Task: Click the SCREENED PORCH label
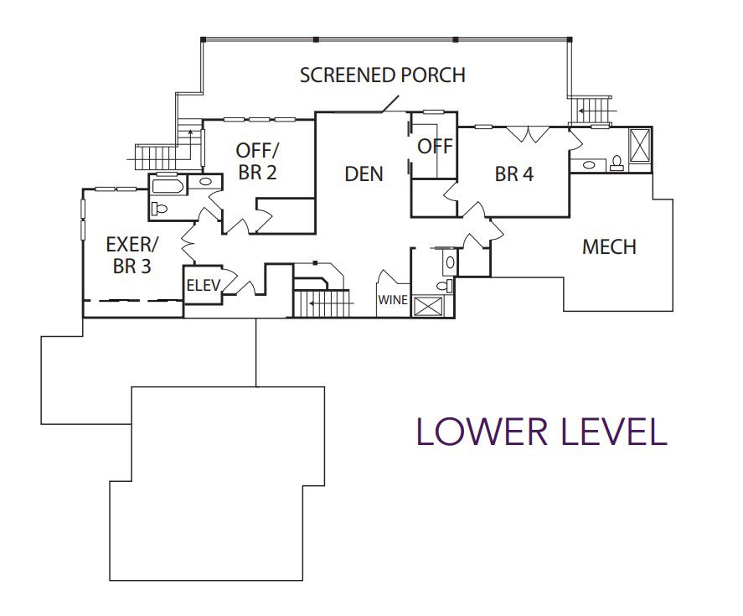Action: pos(383,75)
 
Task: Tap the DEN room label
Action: pos(364,174)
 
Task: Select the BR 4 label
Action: pos(514,174)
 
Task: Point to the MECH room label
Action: pos(609,246)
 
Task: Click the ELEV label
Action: pos(204,286)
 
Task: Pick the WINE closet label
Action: pos(393,300)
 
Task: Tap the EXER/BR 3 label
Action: pos(132,255)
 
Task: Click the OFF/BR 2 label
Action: pos(257,161)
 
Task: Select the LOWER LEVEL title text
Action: pos(542,432)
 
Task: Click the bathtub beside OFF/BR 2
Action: pos(167,185)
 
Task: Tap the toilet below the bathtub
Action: pos(160,208)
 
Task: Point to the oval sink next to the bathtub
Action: pos(206,181)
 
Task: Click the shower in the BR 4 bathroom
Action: pos(640,145)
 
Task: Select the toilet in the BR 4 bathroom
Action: pos(617,163)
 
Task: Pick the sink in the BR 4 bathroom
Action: pos(589,165)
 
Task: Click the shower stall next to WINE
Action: pos(428,305)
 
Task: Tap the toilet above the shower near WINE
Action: pos(444,286)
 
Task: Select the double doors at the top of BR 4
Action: pos(528,134)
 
